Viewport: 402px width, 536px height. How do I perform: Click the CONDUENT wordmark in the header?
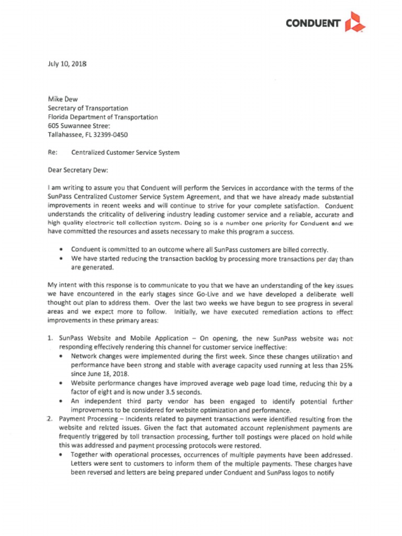coord(313,23)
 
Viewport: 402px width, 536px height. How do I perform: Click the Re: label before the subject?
coord(52,153)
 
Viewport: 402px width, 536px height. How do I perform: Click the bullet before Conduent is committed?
coord(63,249)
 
